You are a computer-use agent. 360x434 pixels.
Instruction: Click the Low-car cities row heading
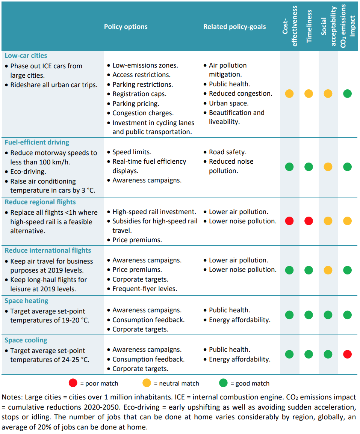[26, 56]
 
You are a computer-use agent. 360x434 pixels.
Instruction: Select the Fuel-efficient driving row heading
[37, 142]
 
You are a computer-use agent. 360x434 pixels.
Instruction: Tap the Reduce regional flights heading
[40, 202]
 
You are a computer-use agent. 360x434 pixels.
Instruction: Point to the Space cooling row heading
[26, 340]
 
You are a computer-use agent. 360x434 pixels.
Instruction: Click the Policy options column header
[126, 27]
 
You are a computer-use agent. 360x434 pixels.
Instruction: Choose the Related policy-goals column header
[234, 27]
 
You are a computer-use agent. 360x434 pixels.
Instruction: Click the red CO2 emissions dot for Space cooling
[347, 354]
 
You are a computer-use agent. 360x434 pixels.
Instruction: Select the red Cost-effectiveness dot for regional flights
[289, 221]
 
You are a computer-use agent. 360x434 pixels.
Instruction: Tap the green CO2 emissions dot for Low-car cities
[347, 93]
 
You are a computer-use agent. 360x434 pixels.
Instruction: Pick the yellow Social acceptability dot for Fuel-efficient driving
[328, 167]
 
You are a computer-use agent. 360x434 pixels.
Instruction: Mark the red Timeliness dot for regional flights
[309, 221]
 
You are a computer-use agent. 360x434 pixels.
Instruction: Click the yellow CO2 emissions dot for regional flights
[347, 221]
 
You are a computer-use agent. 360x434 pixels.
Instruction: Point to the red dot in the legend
[73, 383]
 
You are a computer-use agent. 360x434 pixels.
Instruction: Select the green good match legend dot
[224, 383]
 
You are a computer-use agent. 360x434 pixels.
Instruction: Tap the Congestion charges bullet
[143, 113]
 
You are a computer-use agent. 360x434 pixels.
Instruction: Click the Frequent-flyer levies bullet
[145, 289]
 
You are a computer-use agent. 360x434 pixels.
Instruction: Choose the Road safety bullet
[227, 152]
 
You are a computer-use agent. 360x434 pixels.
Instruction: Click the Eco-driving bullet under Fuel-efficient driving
[28, 172]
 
